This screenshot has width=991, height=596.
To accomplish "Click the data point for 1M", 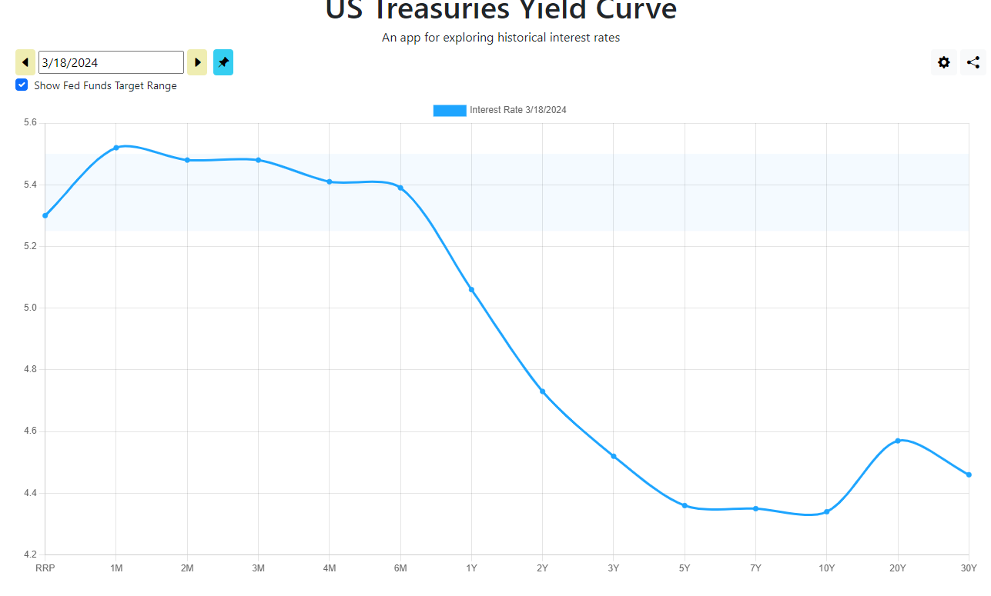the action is [x=116, y=148].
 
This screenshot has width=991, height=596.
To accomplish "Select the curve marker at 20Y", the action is [x=898, y=441].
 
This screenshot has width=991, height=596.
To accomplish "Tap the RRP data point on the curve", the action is [x=45, y=215].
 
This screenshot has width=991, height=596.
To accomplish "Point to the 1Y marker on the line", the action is [x=471, y=290].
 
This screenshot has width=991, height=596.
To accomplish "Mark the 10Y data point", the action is [x=827, y=512].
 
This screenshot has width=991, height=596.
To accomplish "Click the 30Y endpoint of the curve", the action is [x=969, y=475].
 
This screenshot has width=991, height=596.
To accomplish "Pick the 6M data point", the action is [x=400, y=188].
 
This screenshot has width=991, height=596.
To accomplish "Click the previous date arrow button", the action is [x=25, y=62].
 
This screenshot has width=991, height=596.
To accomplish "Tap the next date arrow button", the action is [x=197, y=62].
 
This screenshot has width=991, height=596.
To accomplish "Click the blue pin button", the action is [x=223, y=62].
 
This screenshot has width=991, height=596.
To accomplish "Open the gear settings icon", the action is [x=944, y=62].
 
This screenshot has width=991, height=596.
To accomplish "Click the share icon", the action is [x=973, y=62].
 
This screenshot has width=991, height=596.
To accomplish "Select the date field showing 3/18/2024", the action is [x=111, y=62].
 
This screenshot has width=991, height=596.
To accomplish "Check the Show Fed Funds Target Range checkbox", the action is [x=22, y=85].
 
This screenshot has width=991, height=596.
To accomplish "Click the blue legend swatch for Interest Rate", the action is [x=450, y=111].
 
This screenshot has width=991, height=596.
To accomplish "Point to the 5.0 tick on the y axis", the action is [x=30, y=308].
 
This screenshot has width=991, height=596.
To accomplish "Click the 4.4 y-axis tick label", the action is [x=30, y=493].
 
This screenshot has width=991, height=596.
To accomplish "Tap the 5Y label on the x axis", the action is [x=685, y=568].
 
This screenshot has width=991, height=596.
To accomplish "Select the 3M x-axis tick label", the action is [x=259, y=568].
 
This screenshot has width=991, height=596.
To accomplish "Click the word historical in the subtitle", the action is [x=521, y=38].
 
